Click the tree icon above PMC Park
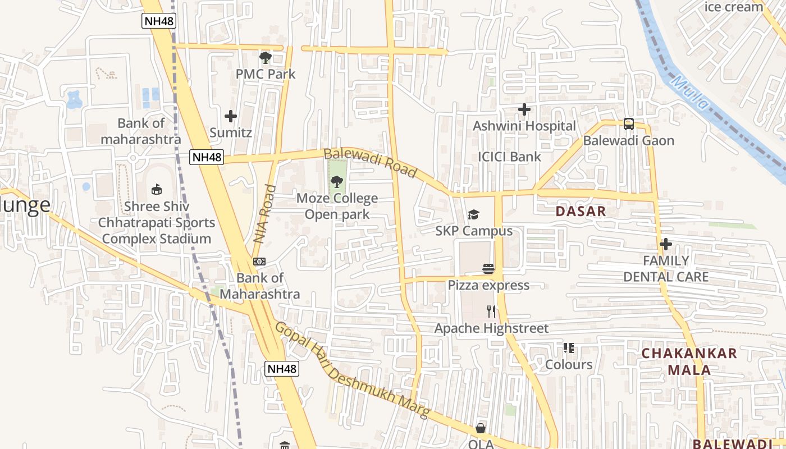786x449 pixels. pos(265,57)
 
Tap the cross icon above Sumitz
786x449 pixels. pos(230,116)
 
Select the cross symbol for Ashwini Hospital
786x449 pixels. pos(524,109)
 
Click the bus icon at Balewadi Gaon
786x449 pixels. pos(629,124)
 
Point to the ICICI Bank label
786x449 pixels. pos(509,157)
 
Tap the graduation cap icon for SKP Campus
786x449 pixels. pos(474,215)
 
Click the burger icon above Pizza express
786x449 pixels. pos(488,269)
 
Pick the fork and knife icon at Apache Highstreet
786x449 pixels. pos(491,311)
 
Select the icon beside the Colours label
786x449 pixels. pos(569,349)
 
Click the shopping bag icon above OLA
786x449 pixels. pos(481,428)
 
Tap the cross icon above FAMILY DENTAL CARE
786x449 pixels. pos(666,244)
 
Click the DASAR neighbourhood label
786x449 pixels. pos(581,212)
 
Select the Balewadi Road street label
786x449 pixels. pos(371,163)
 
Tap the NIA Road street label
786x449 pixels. pos(265,214)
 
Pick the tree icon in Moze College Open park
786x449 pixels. pos(337,181)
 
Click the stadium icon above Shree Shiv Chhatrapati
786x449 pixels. pos(157,190)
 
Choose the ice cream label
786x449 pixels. pos(733,7)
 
